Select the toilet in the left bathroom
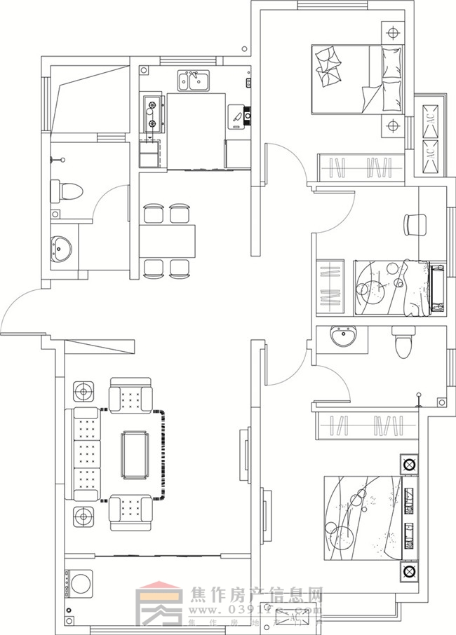[x=67, y=190]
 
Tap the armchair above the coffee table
[x=131, y=397]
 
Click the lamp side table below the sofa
[x=84, y=517]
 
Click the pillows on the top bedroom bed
[x=328, y=65]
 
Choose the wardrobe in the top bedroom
[x=359, y=168]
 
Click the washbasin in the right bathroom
[x=344, y=339]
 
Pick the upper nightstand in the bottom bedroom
[x=408, y=463]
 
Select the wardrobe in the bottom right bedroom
[x=358, y=425]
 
